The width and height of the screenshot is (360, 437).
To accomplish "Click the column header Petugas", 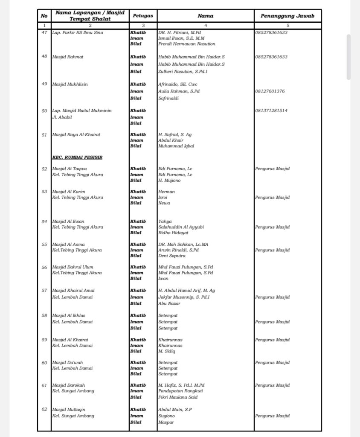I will (143, 16).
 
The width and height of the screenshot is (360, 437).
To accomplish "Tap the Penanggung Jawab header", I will (287, 16).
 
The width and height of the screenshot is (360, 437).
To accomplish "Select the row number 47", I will (44, 32).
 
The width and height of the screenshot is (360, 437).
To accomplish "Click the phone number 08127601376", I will (270, 91).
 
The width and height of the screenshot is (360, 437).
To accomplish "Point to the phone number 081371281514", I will (271, 111).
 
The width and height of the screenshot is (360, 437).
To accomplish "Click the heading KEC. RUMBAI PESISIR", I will (77, 157).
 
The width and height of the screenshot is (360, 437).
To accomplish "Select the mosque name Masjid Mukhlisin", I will (70, 84).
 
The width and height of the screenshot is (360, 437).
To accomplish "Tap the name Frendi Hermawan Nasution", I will (186, 44).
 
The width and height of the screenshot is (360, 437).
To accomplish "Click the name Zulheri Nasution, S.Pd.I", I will (183, 71).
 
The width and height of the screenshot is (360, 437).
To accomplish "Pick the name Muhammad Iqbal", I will (176, 146).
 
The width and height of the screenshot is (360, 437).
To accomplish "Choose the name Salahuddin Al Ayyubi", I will (181, 227).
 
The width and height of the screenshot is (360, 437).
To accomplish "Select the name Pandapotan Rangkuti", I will (180, 391).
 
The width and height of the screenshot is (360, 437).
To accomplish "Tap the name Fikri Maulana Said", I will (178, 397).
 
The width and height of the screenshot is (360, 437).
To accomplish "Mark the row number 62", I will (44, 409).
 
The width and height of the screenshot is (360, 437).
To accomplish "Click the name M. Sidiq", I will (167, 351).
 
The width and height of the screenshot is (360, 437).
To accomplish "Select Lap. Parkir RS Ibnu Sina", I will (77, 32).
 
